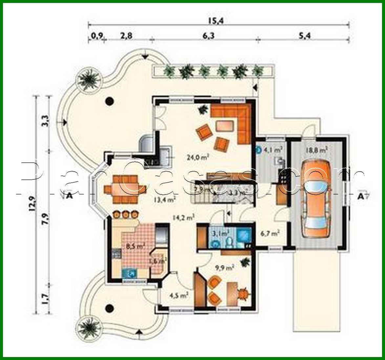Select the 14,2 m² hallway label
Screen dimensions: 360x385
click(185, 216)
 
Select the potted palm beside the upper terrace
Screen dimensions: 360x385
click(87, 79)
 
